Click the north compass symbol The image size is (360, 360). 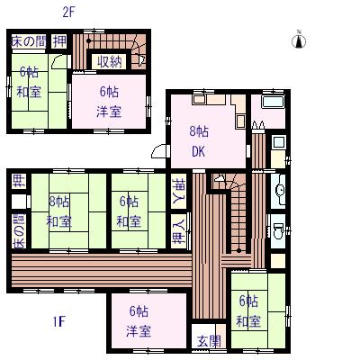click(299, 40)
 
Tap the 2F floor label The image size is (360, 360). click(68, 13)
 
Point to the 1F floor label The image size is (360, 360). click(58, 322)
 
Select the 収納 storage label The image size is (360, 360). click(109, 62)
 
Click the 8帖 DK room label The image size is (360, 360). click(199, 141)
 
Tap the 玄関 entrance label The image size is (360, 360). click(209, 341)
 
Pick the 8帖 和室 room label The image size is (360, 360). click(59, 212)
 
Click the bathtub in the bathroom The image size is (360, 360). click(274, 103)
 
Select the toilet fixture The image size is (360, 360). click(278, 230)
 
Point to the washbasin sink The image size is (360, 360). click(279, 190)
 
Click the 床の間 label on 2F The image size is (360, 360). click(29, 41)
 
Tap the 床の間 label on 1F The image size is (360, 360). click(19, 231)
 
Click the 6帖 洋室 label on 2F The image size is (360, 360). click(109, 102)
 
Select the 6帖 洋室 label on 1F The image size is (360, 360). click(139, 321)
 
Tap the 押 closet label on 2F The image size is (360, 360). click(59, 41)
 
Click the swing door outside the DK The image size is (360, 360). click(160, 151)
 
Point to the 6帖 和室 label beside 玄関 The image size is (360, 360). click(248, 310)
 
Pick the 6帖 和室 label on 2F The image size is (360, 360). click(29, 82)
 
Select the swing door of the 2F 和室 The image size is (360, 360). click(60, 61)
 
